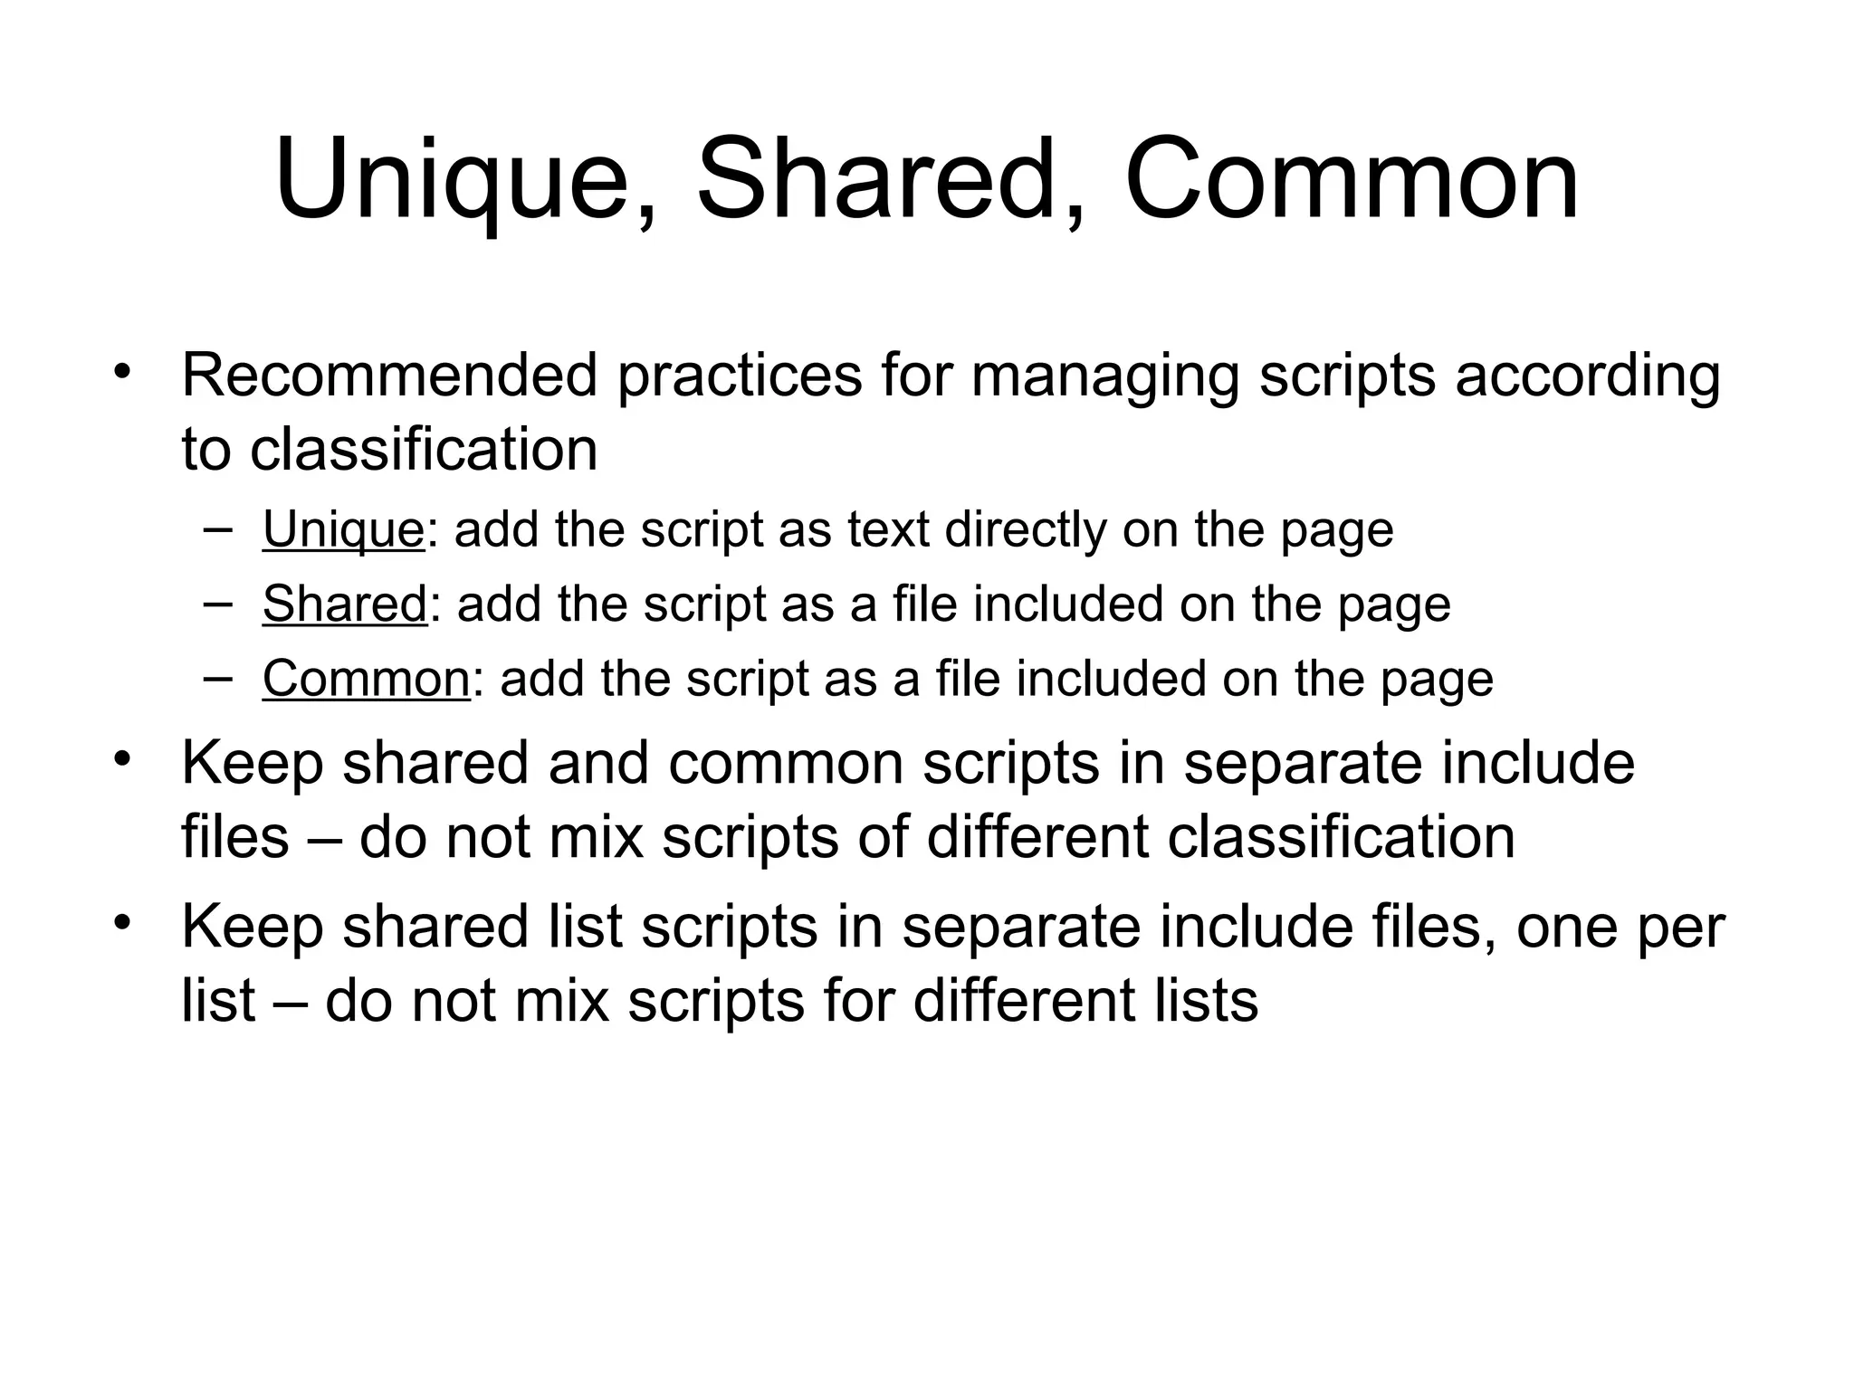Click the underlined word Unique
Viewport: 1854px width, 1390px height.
(x=343, y=530)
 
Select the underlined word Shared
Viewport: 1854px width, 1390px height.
(x=344, y=604)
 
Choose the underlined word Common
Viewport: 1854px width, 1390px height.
(x=366, y=678)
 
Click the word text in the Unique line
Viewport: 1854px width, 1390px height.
(x=888, y=530)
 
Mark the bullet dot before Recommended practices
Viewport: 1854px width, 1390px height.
(x=122, y=372)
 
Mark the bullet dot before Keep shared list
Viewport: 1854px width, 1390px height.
(x=122, y=924)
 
